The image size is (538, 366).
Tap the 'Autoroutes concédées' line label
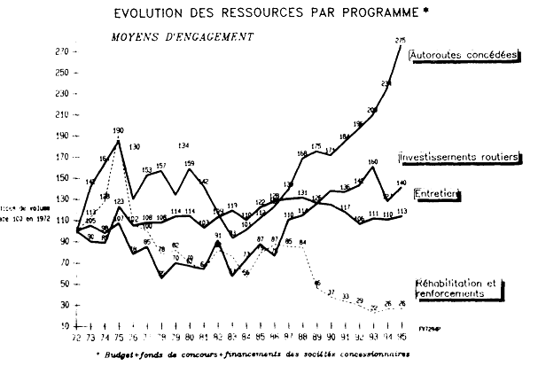pos(464,54)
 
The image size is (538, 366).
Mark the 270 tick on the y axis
pos(61,52)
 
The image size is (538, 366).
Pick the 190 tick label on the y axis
pos(61,136)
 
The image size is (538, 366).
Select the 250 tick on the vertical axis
pos(61,74)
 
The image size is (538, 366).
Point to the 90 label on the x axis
pos(331,337)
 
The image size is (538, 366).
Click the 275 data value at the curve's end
pos(401,40)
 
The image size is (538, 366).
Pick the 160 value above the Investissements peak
pos(373,161)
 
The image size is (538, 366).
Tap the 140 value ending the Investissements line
pos(401,183)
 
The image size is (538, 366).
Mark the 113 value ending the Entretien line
pos(402,212)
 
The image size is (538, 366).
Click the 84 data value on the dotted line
pos(304,242)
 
